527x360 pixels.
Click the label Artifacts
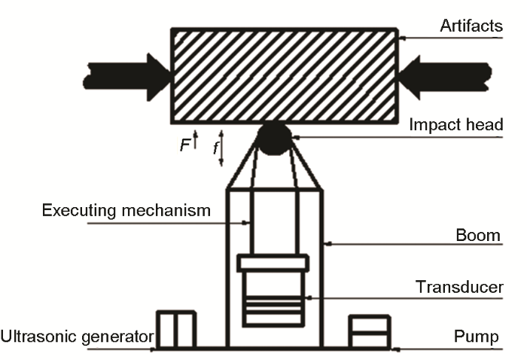[x=471, y=27]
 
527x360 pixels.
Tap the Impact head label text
[x=456, y=125]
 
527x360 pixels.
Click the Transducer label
[x=459, y=287]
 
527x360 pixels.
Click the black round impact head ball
[x=274, y=136]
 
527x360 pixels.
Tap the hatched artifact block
[x=285, y=75]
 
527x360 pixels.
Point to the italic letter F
[x=184, y=146]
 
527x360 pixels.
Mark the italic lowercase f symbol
[x=216, y=149]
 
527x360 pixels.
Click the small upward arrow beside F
[x=195, y=140]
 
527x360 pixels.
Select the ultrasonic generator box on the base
[x=175, y=329]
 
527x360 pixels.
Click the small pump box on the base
[x=369, y=331]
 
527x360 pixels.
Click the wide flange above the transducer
[x=273, y=263]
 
